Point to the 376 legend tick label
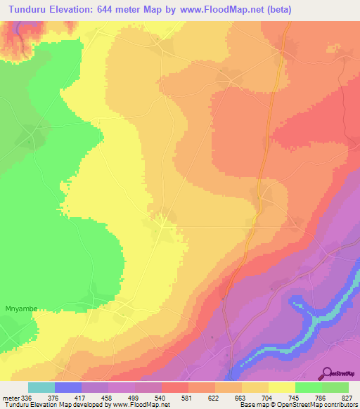[53, 398]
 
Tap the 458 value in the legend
[107, 398]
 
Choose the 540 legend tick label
[160, 398]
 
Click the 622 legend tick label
[214, 398]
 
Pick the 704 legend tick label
[269, 398]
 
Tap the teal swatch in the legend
[41, 387]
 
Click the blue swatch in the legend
[67, 387]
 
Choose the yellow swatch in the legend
[282, 387]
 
